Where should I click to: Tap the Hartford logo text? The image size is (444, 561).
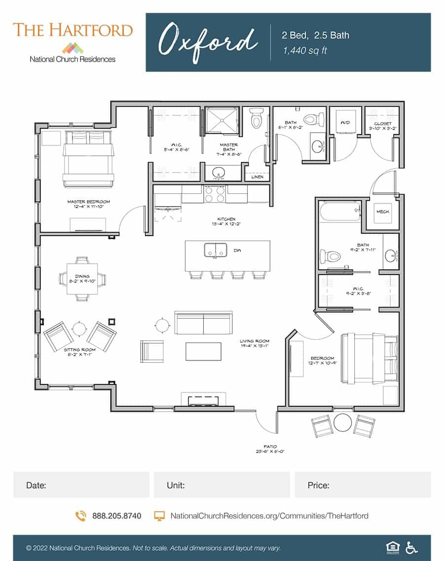coord(73,30)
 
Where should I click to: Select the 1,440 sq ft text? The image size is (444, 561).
coord(304,51)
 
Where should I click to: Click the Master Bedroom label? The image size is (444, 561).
coord(88,204)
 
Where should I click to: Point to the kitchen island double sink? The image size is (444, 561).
coord(215,250)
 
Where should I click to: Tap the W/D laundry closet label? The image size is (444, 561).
coord(345,123)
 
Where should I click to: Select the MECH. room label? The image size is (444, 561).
coord(383,212)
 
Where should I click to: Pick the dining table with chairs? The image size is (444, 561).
coord(82,279)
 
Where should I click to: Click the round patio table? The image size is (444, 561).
coord(342,423)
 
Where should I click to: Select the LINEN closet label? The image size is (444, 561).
coord(257,177)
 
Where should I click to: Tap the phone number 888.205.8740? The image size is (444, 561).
coord(116,516)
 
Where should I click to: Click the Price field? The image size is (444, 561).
coord(362,485)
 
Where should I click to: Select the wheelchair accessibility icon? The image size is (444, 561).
coord(411,547)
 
